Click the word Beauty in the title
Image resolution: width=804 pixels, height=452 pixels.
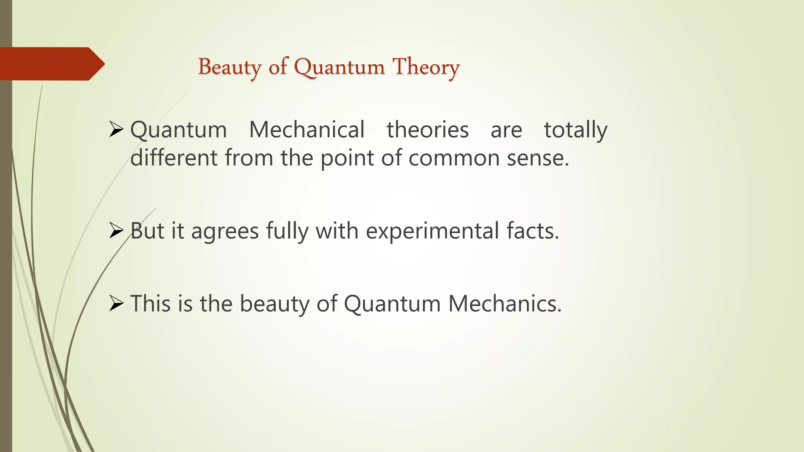click(x=230, y=67)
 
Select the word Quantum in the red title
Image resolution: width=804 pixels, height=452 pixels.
click(x=339, y=67)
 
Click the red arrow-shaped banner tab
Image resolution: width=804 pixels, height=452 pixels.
click(x=51, y=64)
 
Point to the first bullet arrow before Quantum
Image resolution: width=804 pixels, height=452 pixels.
click(x=117, y=129)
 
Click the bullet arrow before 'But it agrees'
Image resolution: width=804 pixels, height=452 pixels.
click(x=117, y=231)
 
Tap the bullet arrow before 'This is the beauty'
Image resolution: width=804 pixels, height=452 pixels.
click(x=117, y=303)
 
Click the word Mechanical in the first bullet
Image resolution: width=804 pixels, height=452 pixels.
click(x=307, y=130)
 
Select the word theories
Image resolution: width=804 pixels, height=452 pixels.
click(x=428, y=130)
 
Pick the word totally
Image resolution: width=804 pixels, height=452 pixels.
click(x=576, y=130)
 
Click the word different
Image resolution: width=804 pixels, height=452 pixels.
click(x=174, y=158)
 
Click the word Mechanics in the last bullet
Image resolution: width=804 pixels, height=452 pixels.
click(x=505, y=303)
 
